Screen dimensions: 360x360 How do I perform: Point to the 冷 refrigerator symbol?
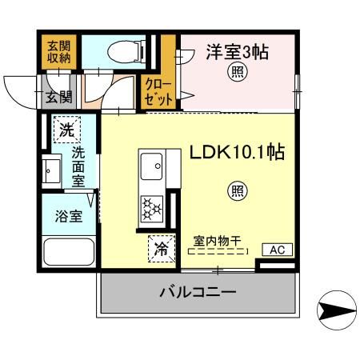click(161, 249)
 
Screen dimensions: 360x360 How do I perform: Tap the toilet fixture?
click(128, 50)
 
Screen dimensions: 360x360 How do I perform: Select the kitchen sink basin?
click(151, 168)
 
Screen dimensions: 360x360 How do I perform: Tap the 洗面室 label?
click(79, 166)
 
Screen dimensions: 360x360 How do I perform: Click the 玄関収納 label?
click(55, 50)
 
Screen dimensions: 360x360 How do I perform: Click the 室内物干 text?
click(216, 238)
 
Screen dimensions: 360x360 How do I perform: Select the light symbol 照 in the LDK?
click(238, 190)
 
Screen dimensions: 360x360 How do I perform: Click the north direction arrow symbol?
click(334, 308)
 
